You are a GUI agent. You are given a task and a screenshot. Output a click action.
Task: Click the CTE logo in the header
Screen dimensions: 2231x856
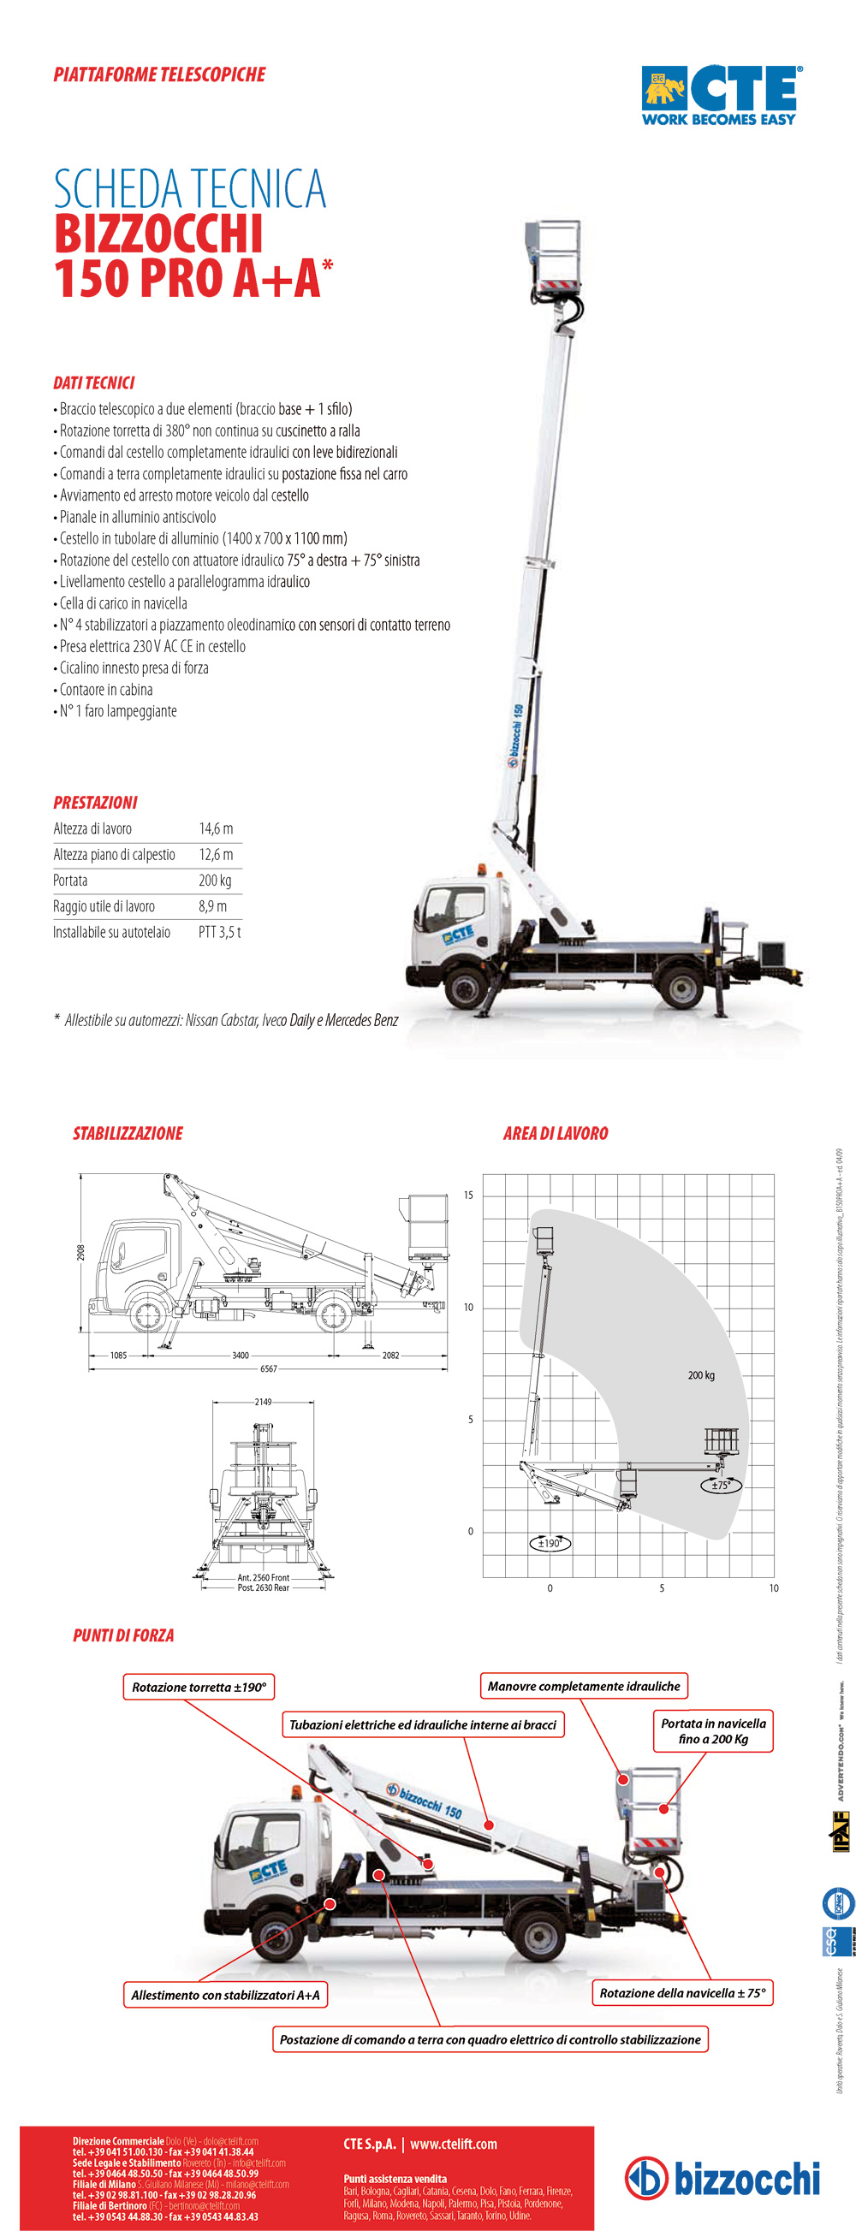click(720, 94)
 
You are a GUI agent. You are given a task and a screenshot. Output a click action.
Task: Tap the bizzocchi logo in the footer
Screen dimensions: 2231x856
click(722, 2177)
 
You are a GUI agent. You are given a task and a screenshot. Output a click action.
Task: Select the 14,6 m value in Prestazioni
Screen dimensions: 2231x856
click(216, 829)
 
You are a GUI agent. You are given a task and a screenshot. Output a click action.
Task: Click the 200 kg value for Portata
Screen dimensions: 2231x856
click(215, 881)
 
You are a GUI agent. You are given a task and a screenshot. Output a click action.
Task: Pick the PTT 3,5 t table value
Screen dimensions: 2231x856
click(219, 933)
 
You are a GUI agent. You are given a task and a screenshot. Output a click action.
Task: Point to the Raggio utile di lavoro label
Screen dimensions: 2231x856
click(104, 907)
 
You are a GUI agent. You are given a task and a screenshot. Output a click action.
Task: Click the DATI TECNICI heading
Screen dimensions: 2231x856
click(93, 383)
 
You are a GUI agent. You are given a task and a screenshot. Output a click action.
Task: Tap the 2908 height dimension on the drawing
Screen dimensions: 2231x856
click(80, 1252)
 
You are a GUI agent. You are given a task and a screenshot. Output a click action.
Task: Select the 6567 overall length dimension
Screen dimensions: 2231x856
click(269, 1368)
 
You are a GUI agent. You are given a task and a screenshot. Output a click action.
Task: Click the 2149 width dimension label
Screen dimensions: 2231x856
click(263, 1401)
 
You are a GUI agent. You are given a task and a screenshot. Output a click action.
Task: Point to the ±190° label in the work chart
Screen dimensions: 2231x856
click(550, 1542)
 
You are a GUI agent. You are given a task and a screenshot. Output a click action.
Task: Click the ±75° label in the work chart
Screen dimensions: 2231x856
click(721, 1485)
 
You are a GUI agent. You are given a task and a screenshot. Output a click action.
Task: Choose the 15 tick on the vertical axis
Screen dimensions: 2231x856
click(469, 1196)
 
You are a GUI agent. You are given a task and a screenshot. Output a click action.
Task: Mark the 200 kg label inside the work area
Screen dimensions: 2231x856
click(701, 1374)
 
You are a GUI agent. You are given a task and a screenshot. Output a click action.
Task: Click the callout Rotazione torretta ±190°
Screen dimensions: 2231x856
click(199, 1686)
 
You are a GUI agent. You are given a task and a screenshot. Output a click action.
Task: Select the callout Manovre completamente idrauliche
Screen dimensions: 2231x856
click(584, 1685)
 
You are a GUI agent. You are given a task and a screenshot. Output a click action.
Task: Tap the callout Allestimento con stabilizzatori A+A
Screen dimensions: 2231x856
click(225, 1995)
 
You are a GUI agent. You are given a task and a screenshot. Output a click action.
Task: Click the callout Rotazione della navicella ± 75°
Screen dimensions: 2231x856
click(683, 1993)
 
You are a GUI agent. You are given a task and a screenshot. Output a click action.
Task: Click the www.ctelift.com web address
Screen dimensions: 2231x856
click(453, 2144)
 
